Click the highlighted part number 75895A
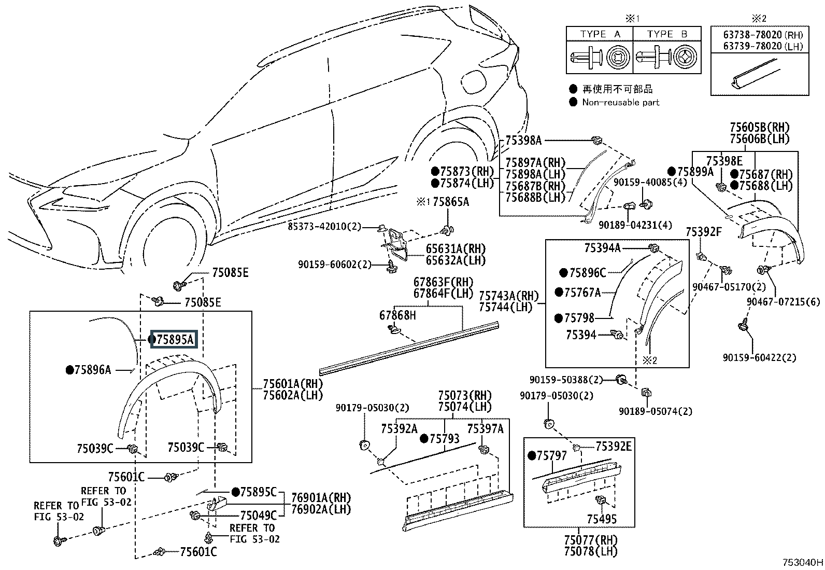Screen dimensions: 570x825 (175, 339)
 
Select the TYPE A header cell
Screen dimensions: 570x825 (600, 34)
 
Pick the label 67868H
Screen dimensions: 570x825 (397, 315)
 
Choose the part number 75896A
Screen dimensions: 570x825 (93, 370)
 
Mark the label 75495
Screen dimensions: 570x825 (602, 519)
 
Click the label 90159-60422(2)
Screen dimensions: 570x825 (760, 357)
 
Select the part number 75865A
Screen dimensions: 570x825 (451, 202)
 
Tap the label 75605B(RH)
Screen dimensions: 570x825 (759, 128)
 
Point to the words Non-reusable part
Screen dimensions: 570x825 (620, 102)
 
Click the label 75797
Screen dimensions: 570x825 (551, 456)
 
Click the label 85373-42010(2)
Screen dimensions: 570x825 (325, 227)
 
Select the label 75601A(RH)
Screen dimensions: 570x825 (292, 384)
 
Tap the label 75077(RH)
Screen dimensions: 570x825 (591, 540)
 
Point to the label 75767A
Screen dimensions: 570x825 (582, 293)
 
